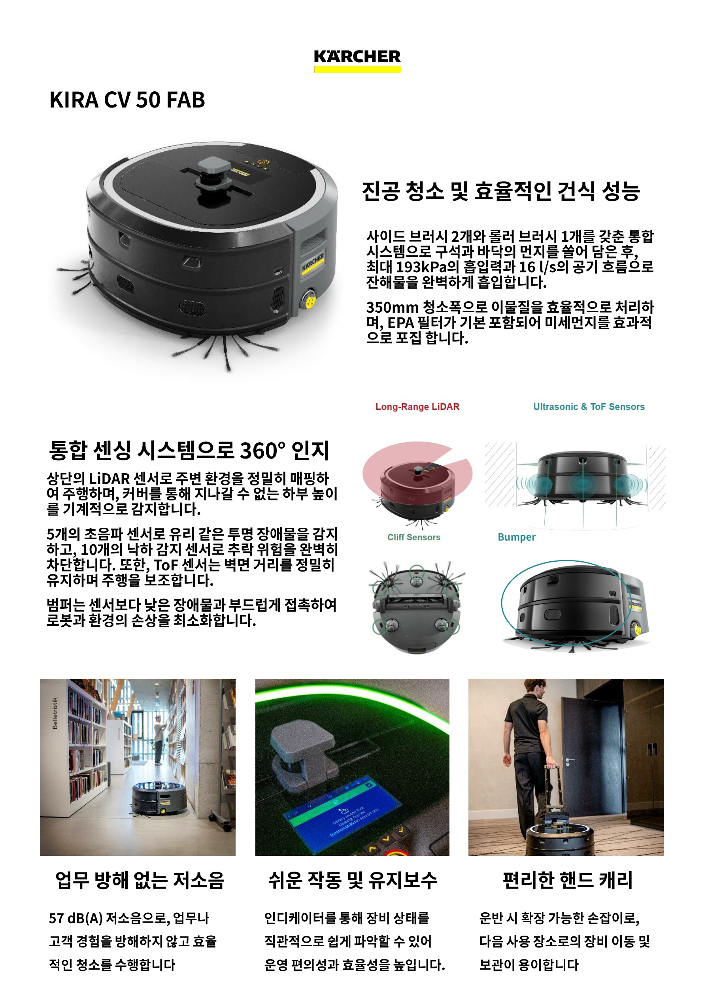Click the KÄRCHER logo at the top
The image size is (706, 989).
tap(357, 60)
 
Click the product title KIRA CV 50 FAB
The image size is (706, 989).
tap(127, 100)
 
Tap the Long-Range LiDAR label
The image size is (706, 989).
tap(417, 406)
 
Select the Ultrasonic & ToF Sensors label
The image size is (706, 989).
tap(589, 406)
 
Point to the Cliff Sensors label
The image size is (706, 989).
tap(414, 537)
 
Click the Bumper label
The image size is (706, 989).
tap(517, 537)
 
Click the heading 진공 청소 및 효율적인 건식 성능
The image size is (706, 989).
tap(501, 191)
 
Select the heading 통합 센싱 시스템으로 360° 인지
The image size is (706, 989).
tap(189, 450)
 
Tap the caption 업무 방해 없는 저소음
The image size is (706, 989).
tap(140, 880)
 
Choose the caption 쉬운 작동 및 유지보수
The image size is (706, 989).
tap(353, 880)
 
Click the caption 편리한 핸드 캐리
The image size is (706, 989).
tap(567, 880)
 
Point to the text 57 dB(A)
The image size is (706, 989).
tap(76, 919)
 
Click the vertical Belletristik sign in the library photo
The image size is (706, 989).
tap(55, 713)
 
